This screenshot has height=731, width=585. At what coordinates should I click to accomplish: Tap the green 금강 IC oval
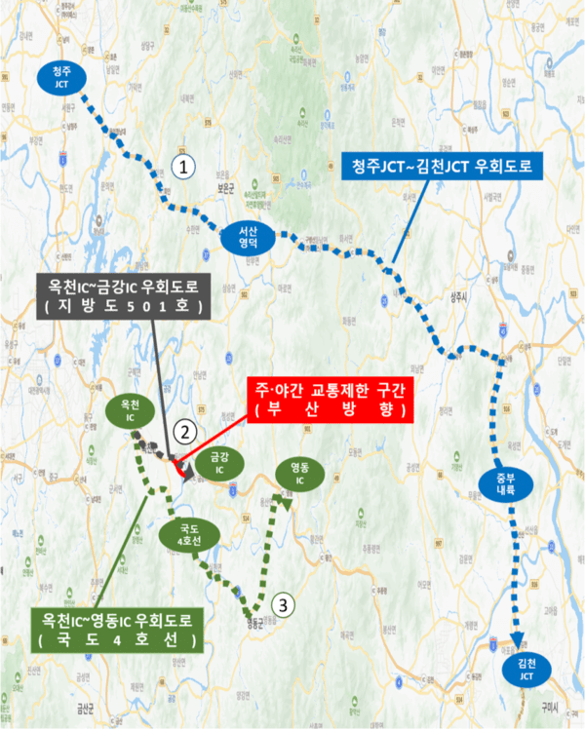click(x=213, y=461)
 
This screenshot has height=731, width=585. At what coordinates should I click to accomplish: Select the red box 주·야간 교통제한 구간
click(x=327, y=401)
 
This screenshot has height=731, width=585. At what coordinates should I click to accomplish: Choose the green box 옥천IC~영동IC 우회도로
click(x=117, y=629)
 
